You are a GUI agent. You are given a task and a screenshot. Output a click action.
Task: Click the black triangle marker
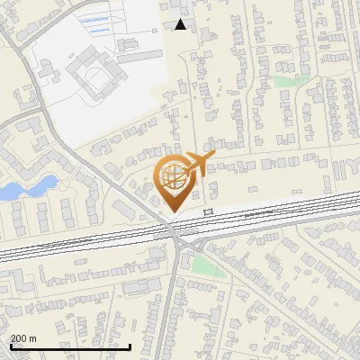pos(181,24)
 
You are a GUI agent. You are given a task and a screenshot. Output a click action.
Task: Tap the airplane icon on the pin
pos(198,163)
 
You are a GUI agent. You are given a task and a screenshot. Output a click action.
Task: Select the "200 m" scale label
pos(23,338)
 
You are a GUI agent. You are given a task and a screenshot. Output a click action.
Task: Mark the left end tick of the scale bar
pos(10,345)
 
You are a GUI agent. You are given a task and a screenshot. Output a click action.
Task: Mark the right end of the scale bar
pos(131,346)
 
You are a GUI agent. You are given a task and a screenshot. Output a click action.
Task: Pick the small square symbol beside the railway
pos(209,211)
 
